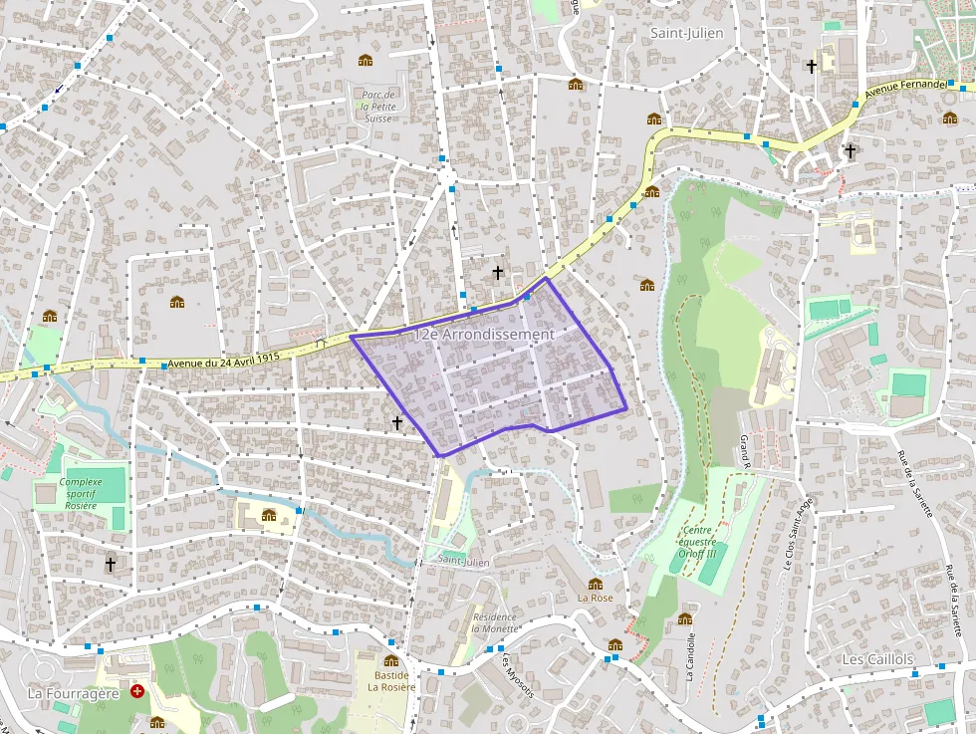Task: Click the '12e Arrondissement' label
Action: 484,335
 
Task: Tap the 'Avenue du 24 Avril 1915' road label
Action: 224,361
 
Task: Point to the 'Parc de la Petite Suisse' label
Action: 377,106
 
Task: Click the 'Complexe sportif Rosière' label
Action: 81,493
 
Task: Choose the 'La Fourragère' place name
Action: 74,692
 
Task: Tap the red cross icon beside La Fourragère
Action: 137,690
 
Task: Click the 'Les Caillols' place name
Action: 877,660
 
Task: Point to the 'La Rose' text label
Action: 596,599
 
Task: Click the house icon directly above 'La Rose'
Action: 596,585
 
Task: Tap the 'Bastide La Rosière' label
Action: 390,680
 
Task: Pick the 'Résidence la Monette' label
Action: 494,622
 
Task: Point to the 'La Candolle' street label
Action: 689,658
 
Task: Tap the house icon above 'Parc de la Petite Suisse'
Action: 366,62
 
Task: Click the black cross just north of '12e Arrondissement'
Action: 498,272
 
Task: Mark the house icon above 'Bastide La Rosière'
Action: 390,660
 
